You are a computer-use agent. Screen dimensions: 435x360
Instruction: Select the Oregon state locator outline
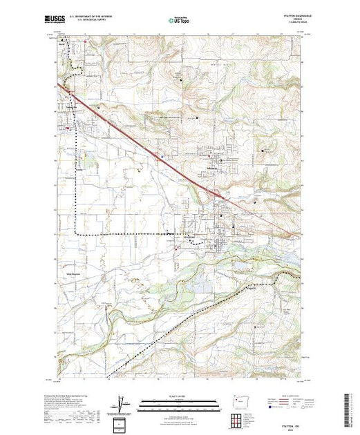pos(238,401)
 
